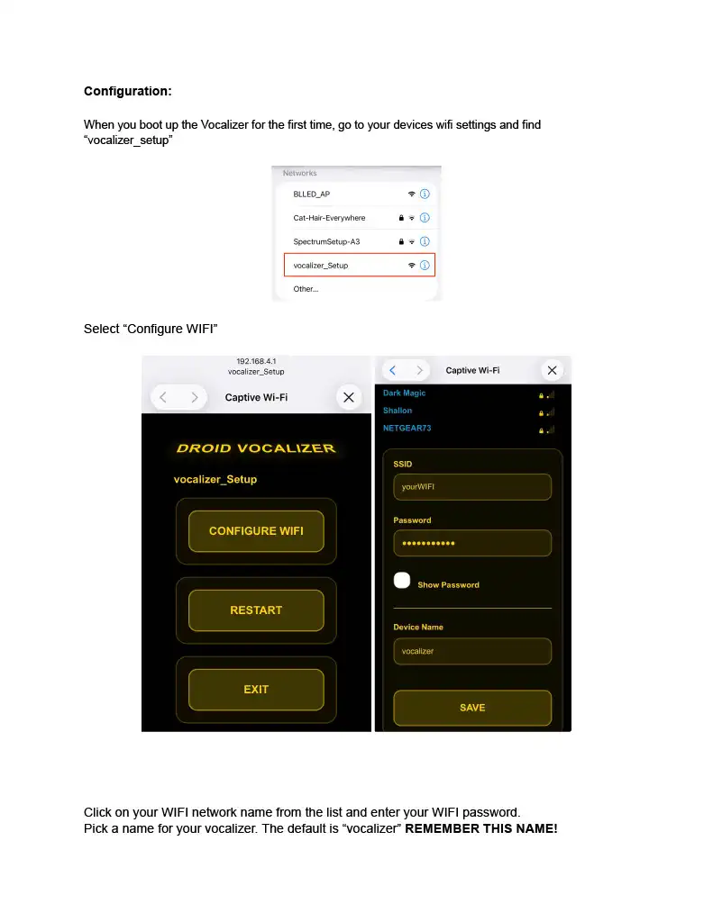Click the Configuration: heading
pos(127,91)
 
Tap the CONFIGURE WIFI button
pos(256,531)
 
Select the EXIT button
pos(256,690)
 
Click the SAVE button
pos(472,708)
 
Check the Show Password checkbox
pos(402,581)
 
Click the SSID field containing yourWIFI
pos(472,487)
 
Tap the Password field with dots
pos(472,543)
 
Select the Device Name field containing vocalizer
pos(472,651)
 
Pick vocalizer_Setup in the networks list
pos(321,266)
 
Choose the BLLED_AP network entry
pos(312,194)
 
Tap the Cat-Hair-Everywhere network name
pos(329,218)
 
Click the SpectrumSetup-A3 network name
pos(326,241)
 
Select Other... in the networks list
pos(306,289)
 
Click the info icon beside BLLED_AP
pos(425,194)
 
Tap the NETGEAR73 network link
pos(407,428)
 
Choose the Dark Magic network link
pos(404,393)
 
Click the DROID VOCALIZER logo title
pos(256,448)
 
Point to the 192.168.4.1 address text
pos(256,362)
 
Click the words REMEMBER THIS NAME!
pos(481,828)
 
